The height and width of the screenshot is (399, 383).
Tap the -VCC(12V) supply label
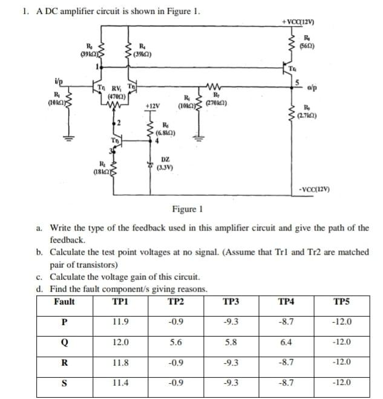[x=314, y=190]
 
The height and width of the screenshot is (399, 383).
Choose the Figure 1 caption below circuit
[x=186, y=209]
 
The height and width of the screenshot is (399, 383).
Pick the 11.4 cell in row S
[x=120, y=383]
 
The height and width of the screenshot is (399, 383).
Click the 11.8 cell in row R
[x=120, y=363]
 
